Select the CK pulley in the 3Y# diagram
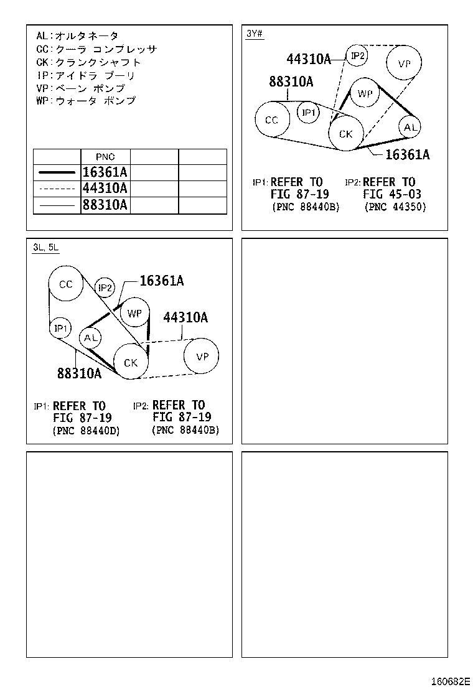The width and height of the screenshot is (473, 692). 345,134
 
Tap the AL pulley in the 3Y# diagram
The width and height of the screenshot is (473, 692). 409,128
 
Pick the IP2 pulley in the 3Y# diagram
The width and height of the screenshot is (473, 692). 357,56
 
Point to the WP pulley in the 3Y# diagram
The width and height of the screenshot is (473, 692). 365,93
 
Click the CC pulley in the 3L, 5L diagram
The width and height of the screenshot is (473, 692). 66,284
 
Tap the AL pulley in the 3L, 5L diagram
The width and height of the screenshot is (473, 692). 91,337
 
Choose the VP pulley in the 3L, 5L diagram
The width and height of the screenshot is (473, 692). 202,357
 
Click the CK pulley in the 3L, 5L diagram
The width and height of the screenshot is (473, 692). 131,362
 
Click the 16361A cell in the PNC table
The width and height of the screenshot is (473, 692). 105,173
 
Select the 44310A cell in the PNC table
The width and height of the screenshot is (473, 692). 105,189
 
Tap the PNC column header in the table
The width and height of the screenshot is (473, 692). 105,157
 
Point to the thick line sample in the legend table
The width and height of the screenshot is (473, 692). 56,173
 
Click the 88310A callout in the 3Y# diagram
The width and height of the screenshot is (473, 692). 291,82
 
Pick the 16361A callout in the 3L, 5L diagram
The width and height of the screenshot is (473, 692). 161,281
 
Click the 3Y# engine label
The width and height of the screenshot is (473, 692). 254,34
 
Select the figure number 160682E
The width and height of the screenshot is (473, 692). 451,680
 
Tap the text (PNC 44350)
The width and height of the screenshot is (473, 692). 395,207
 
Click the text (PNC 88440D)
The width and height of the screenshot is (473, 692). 87,431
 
